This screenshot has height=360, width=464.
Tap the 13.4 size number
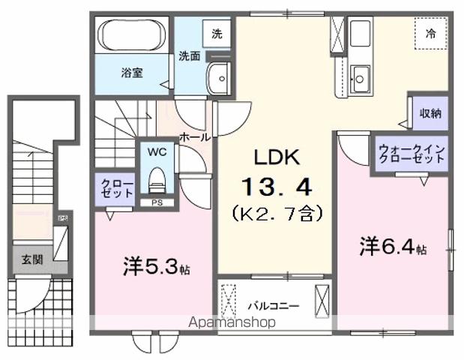click(x=275, y=184)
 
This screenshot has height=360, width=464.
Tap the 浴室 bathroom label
click(x=133, y=73)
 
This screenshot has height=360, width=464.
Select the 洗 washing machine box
click(x=217, y=34)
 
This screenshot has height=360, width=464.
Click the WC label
click(x=157, y=151)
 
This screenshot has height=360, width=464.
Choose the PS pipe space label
click(x=157, y=202)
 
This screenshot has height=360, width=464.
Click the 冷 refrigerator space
click(x=431, y=34)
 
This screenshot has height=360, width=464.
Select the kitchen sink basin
click(x=361, y=76)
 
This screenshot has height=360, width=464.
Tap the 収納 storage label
click(x=430, y=113)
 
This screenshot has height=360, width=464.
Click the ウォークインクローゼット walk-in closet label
click(x=412, y=154)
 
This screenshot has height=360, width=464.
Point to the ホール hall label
click(x=194, y=137)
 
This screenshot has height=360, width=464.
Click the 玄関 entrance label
click(x=31, y=260)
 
